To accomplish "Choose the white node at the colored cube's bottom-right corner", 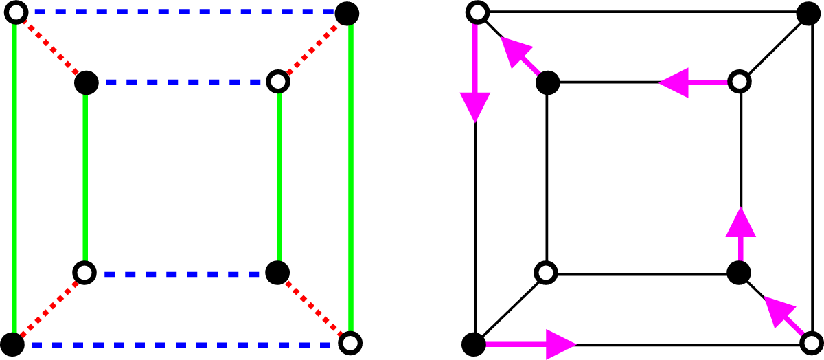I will [350, 342].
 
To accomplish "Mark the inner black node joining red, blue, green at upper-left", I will [87, 82].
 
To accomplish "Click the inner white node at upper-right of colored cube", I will [278, 82].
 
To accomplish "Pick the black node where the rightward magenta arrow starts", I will [474, 342].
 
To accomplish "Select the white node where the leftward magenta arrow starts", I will [740, 82].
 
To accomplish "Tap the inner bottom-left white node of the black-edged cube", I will [546, 273].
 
